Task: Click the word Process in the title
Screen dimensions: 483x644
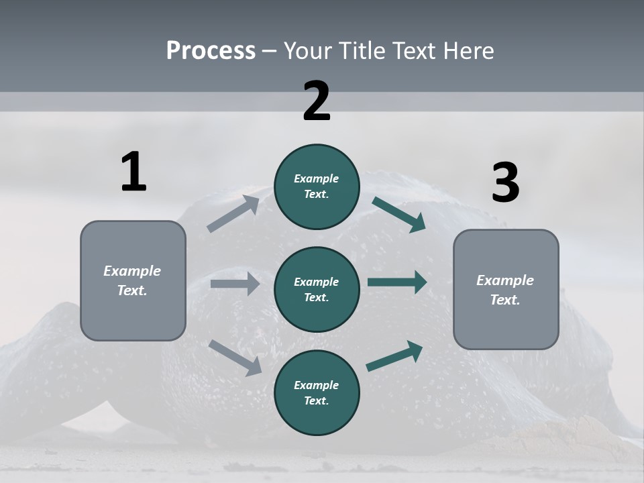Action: pos(211,51)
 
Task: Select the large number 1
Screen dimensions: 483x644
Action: pos(133,172)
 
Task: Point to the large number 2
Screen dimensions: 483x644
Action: pos(317,101)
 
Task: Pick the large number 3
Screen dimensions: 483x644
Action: pos(505,182)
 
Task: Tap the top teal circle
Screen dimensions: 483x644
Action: pos(317,186)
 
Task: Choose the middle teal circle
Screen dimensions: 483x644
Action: pos(317,289)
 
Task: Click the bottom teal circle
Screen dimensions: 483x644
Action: pos(317,392)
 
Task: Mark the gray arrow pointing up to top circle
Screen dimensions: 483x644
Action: pos(233,214)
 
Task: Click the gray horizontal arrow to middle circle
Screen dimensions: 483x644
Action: pos(235,284)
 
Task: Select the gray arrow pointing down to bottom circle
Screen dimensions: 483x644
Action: pos(235,357)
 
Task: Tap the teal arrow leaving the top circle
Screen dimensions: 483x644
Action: pos(398,215)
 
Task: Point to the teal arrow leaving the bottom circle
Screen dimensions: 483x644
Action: pos(394,356)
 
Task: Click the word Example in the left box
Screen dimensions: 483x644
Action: pos(132,271)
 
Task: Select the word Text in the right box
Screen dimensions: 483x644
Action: pos(504,300)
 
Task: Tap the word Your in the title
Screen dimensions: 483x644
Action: pos(307,51)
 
